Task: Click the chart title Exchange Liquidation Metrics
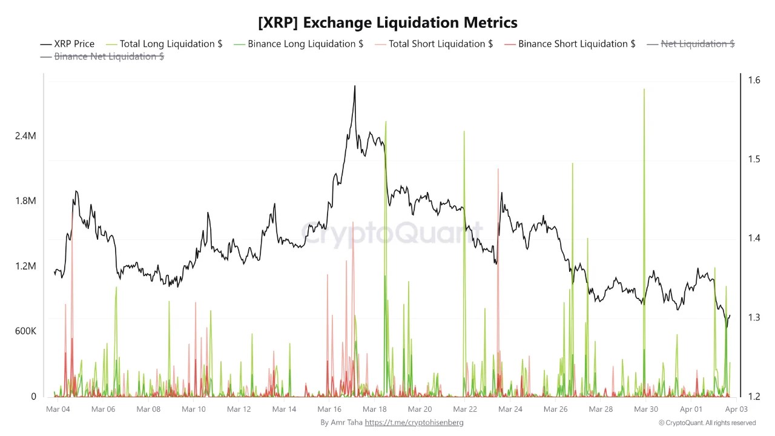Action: click(387, 23)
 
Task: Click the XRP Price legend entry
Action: click(67, 44)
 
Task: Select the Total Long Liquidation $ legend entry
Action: click(164, 44)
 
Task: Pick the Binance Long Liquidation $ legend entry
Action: click(298, 44)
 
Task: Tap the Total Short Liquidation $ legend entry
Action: click(434, 44)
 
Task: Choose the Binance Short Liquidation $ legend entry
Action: click(570, 44)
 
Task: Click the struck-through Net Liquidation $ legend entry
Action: click(691, 44)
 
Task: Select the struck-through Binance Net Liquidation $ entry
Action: click(102, 56)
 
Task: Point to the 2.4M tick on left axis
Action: click(25, 136)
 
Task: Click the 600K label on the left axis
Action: click(25, 331)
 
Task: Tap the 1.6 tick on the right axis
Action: click(753, 80)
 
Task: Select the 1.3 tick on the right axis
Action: click(753, 317)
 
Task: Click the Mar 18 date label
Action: click(375, 409)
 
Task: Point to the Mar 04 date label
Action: click(58, 409)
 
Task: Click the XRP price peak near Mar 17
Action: click(355, 87)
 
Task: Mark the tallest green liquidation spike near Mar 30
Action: click(644, 90)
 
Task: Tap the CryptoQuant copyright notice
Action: click(707, 423)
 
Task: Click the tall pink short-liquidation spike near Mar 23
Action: click(498, 170)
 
